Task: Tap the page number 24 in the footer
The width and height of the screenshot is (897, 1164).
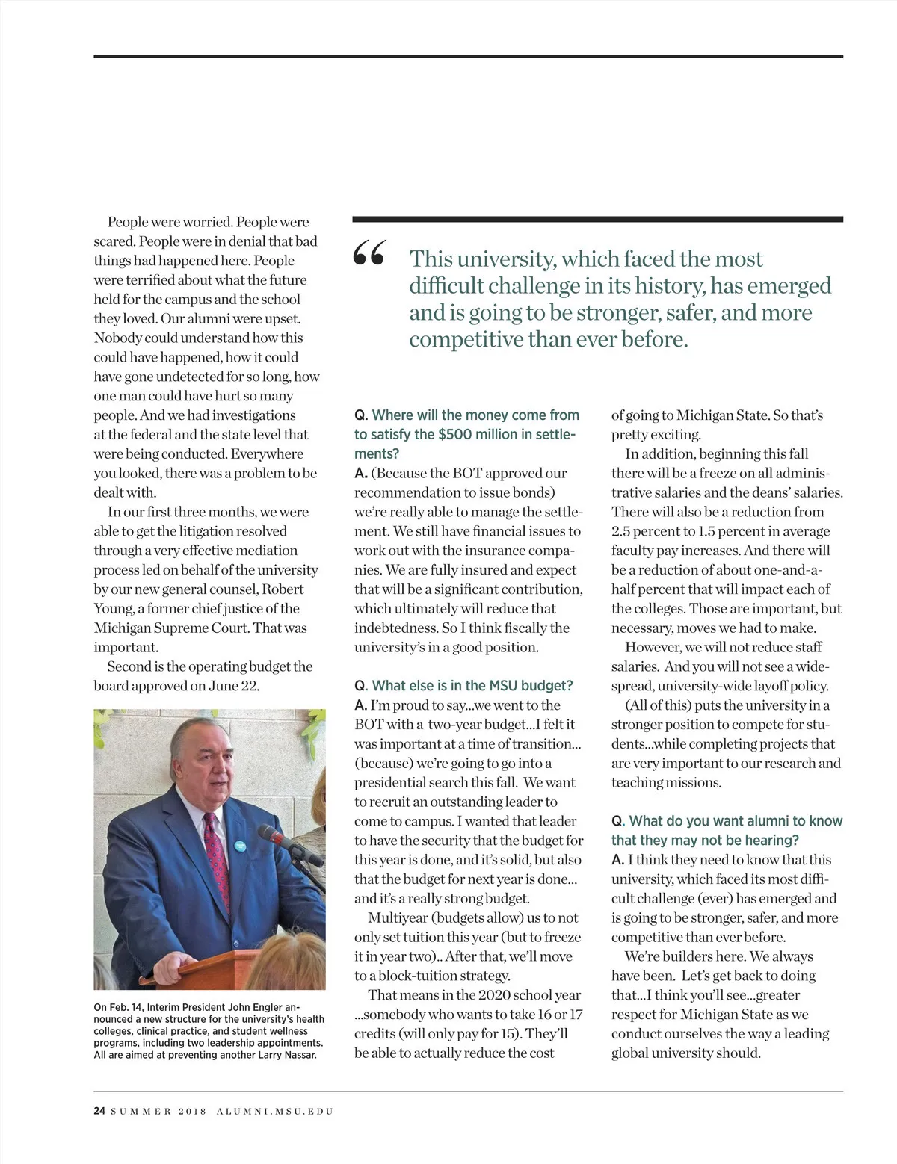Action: coord(99,1111)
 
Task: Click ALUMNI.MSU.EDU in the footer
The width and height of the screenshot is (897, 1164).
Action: coord(274,1111)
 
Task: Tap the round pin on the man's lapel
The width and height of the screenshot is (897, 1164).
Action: coord(241,846)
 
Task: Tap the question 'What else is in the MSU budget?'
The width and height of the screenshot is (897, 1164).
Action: coord(472,685)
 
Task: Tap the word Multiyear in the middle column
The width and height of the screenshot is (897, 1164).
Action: coord(397,917)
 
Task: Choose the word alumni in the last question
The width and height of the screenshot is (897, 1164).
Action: coord(761,820)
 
